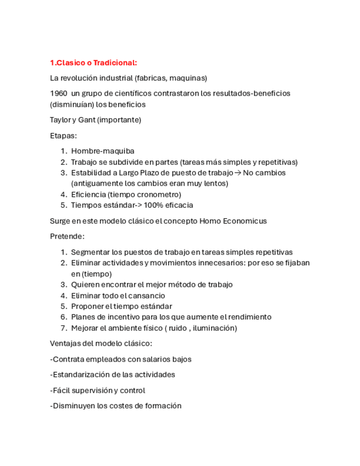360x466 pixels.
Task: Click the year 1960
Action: (x=59, y=93)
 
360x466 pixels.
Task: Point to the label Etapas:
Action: (x=63, y=135)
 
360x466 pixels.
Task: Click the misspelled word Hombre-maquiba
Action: (x=103, y=151)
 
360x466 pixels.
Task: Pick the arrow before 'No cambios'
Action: (x=237, y=173)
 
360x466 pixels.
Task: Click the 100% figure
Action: (x=153, y=205)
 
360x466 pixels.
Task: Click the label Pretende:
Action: (x=67, y=236)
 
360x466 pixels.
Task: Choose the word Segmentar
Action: (x=89, y=252)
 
